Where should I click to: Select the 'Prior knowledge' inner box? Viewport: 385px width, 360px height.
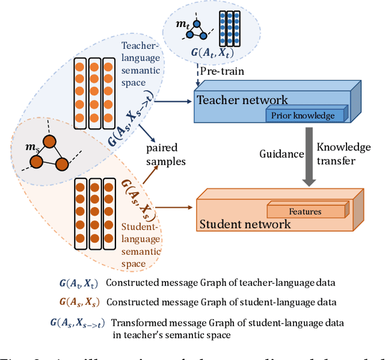point(307,114)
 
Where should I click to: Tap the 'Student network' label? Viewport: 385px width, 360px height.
point(245,224)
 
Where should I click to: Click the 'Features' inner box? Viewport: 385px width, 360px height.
point(305,211)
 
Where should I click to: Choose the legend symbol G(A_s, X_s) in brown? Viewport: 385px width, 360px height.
point(75,302)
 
